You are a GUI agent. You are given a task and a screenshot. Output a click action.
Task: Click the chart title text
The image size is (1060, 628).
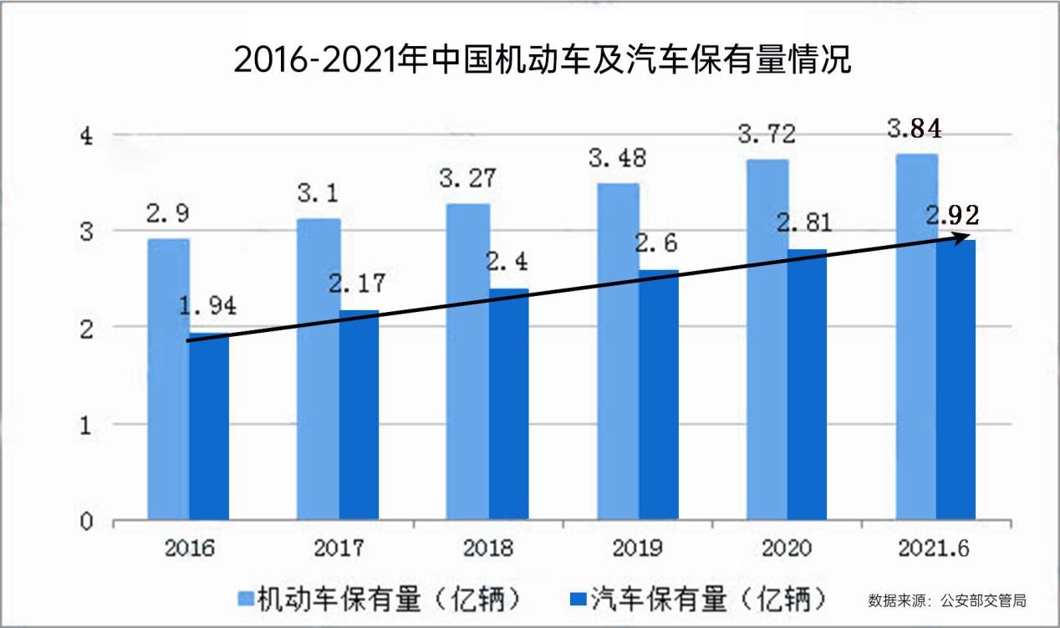click(x=542, y=60)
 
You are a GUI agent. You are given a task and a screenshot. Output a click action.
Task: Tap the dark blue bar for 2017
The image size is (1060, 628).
click(x=359, y=415)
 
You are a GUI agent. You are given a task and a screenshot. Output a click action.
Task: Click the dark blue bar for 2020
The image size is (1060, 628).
click(x=807, y=385)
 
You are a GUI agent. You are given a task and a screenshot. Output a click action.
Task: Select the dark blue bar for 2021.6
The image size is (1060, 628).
click(x=956, y=380)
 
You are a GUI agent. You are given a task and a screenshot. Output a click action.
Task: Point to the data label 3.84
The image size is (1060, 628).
click(x=914, y=130)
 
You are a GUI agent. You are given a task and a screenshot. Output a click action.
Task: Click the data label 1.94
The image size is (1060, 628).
click(x=207, y=306)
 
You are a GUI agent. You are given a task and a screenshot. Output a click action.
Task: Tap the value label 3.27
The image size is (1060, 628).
click(x=467, y=179)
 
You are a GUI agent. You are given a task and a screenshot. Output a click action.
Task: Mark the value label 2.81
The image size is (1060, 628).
click(x=804, y=224)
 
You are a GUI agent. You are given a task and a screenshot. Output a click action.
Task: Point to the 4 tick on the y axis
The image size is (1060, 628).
click(x=87, y=136)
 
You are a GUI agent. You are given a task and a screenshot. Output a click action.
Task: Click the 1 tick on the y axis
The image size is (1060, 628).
click(x=87, y=425)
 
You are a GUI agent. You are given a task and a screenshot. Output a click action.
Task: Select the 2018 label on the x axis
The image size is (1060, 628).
click(x=488, y=549)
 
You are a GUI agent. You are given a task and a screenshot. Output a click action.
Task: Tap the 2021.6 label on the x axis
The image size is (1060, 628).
click(x=935, y=549)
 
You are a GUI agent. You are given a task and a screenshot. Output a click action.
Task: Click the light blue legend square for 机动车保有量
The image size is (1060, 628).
click(x=245, y=599)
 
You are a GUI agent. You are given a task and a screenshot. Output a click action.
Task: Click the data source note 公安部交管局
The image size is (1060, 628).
click(x=947, y=600)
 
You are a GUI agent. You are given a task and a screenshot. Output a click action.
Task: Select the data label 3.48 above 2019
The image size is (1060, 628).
click(x=617, y=158)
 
